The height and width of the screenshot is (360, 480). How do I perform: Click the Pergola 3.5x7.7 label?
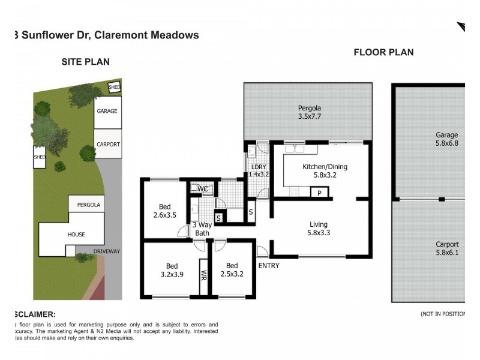(310, 112)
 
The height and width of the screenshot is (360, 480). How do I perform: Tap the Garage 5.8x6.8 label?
(446, 139)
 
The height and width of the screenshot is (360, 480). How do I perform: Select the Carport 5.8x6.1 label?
(447, 248)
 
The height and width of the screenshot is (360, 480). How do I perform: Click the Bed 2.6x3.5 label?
(164, 211)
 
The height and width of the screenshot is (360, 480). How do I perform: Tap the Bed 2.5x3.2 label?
(232, 269)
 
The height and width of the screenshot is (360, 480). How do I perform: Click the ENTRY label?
(269, 266)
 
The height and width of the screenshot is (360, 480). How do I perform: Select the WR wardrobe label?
(203, 276)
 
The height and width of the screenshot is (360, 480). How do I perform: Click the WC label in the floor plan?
(203, 189)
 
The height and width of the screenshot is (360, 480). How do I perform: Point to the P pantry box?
(320, 193)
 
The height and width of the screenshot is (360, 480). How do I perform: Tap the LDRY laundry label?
(258, 170)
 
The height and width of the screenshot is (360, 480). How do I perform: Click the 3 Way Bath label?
(201, 229)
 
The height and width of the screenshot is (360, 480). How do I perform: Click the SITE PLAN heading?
(86, 62)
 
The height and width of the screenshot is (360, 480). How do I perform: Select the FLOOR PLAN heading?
(383, 52)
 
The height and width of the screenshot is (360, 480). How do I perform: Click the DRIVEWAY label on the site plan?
(107, 251)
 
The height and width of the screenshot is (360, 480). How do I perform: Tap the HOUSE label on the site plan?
(76, 235)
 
